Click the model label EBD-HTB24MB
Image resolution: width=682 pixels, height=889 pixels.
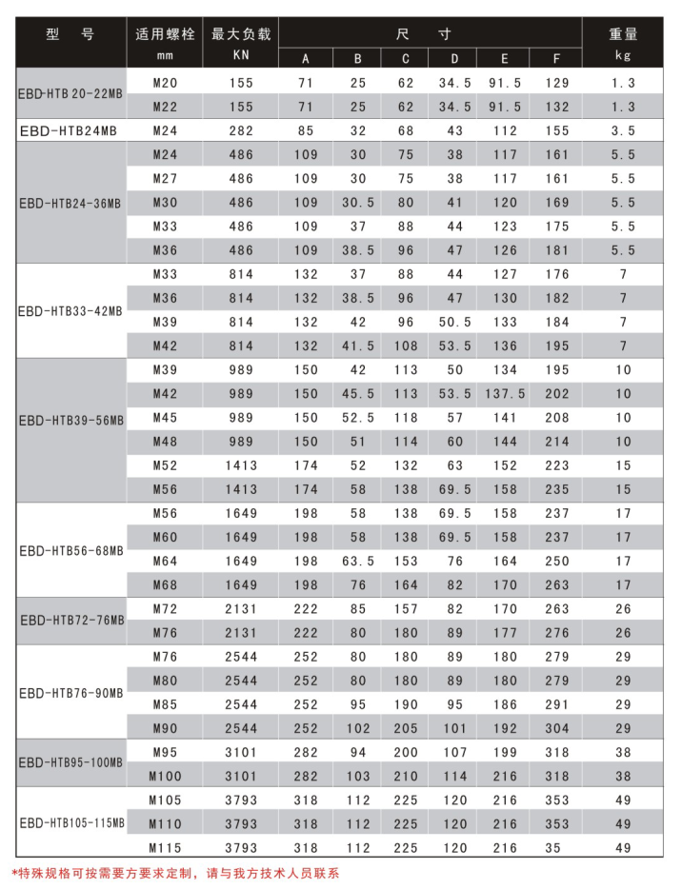68,131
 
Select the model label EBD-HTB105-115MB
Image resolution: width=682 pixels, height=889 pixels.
72,824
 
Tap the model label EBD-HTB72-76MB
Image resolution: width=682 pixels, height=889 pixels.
72,622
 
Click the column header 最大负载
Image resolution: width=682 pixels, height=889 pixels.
241,34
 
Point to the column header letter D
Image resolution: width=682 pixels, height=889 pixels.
454,59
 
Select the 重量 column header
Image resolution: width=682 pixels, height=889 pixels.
623,34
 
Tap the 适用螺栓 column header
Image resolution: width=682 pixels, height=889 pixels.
166,34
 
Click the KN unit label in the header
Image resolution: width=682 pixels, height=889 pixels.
241,55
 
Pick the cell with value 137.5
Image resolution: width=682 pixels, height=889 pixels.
505,394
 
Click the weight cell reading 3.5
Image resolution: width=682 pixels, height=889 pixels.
623,131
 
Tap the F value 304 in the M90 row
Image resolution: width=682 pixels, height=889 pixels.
557,728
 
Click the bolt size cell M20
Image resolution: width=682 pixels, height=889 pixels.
166,84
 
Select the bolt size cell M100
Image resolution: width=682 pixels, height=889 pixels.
166,776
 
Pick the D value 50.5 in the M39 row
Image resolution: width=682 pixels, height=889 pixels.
454,322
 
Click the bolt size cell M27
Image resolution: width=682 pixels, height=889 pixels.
166,179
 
